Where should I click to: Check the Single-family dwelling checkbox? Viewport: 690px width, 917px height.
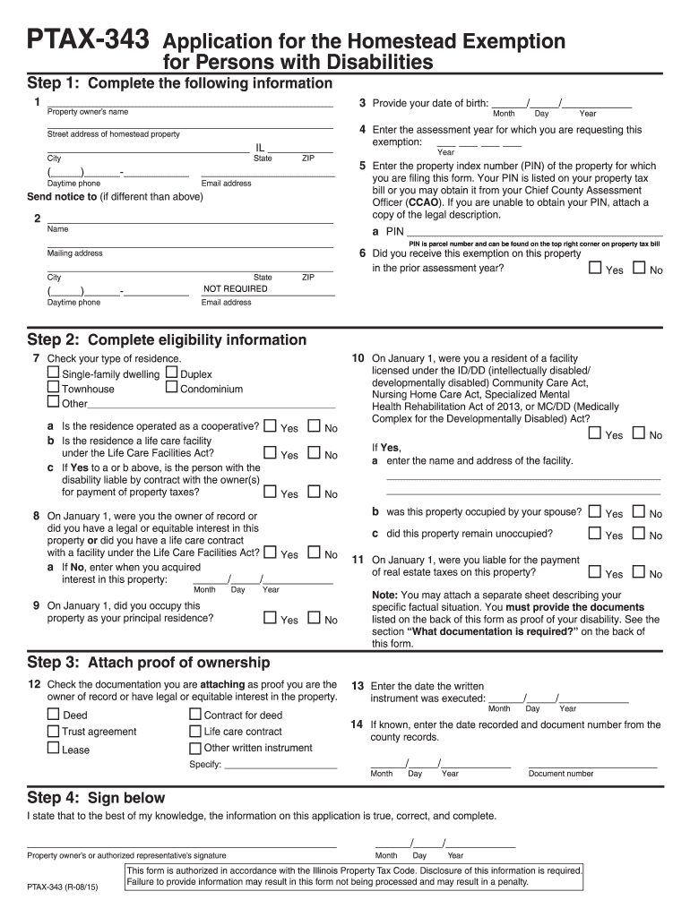point(54,373)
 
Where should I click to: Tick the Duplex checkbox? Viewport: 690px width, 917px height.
point(172,373)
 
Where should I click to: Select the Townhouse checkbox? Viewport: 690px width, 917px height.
point(54,388)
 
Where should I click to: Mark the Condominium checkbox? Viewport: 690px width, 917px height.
point(172,388)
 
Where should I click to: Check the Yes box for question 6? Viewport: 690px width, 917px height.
point(596,268)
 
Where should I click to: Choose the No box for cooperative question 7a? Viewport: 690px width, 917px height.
point(314,426)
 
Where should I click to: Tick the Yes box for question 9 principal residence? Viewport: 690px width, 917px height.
point(270,618)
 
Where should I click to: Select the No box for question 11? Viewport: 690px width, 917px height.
point(639,572)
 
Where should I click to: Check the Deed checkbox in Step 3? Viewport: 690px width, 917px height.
point(54,715)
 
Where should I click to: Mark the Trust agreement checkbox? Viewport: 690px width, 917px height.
point(54,731)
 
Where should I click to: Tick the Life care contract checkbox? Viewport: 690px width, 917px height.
point(195,731)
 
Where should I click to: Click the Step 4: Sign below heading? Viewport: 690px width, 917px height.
point(97,798)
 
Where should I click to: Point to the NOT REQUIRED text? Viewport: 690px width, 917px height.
point(235,289)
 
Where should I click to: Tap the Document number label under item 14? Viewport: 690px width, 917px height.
point(561,774)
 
